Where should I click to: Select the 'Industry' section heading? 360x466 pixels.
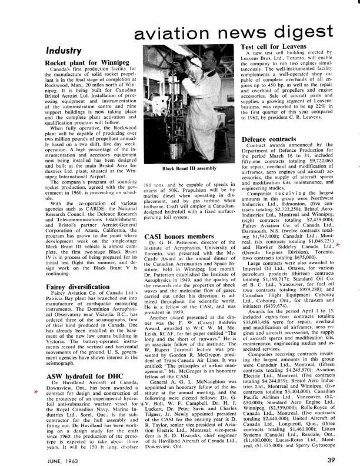(62, 51)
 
